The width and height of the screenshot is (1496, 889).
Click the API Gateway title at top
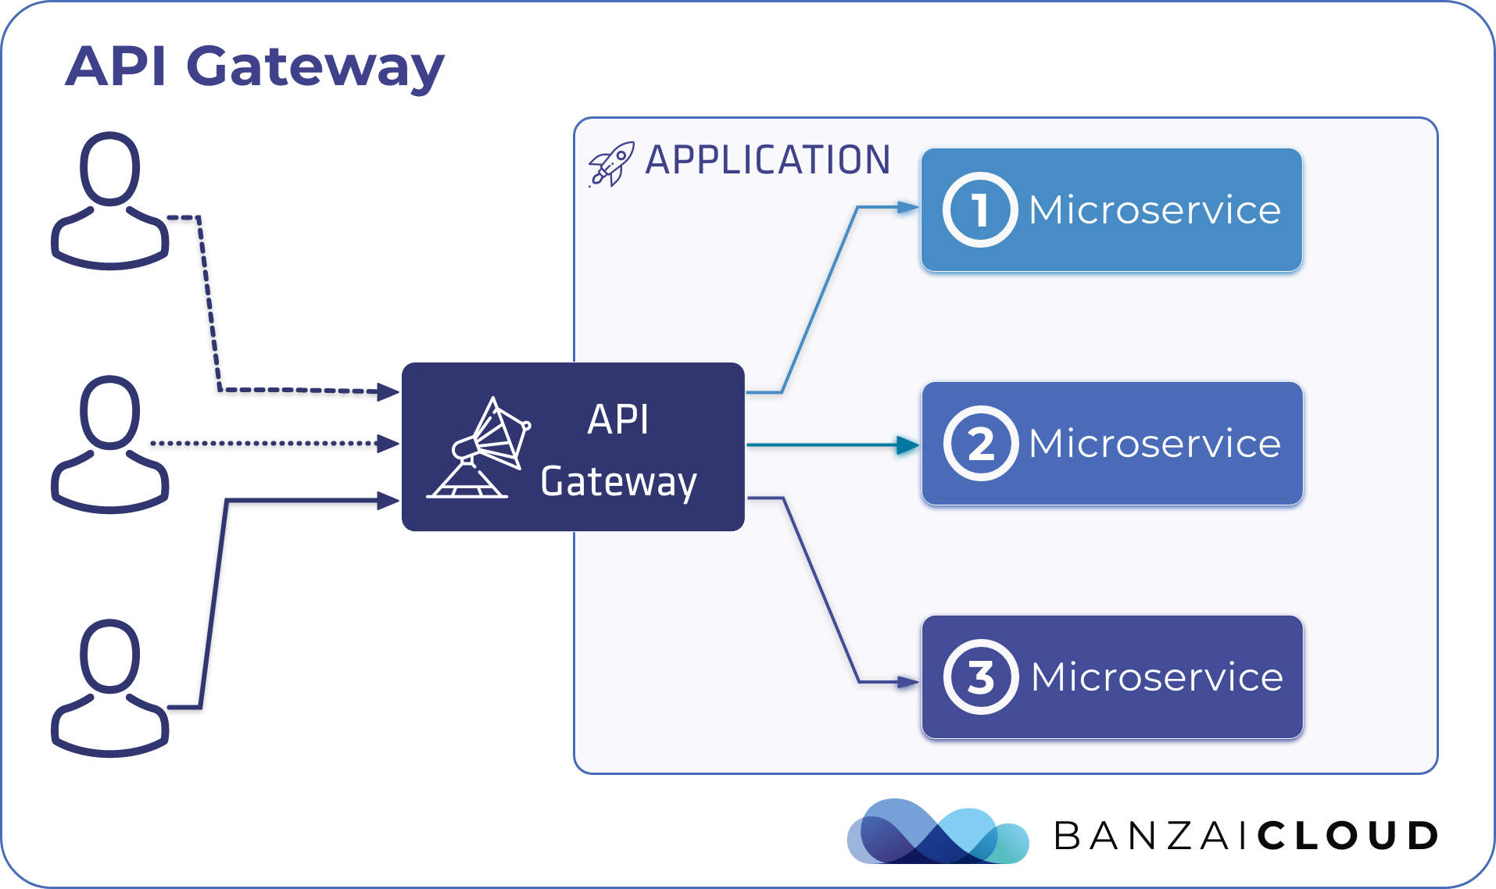tap(254, 66)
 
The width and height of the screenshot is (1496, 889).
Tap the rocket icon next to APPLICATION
tap(610, 164)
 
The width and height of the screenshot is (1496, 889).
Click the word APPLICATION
tap(768, 160)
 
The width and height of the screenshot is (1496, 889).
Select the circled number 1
tap(979, 210)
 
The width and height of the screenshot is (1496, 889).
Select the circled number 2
tap(980, 444)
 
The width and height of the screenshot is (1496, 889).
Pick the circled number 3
tap(980, 677)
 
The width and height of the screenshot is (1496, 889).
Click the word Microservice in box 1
tap(1154, 210)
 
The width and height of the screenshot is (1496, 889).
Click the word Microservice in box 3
tap(1156, 677)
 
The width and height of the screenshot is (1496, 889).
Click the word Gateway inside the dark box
tap(617, 482)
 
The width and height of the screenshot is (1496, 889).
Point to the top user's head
tap(110, 168)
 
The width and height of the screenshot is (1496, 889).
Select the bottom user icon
tap(110, 687)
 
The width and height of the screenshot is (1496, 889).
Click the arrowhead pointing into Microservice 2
tap(907, 445)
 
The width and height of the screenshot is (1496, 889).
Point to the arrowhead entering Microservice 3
tap(907, 683)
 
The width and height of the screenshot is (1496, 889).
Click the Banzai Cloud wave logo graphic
tap(936, 833)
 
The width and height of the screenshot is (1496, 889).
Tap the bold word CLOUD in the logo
tap(1347, 836)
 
